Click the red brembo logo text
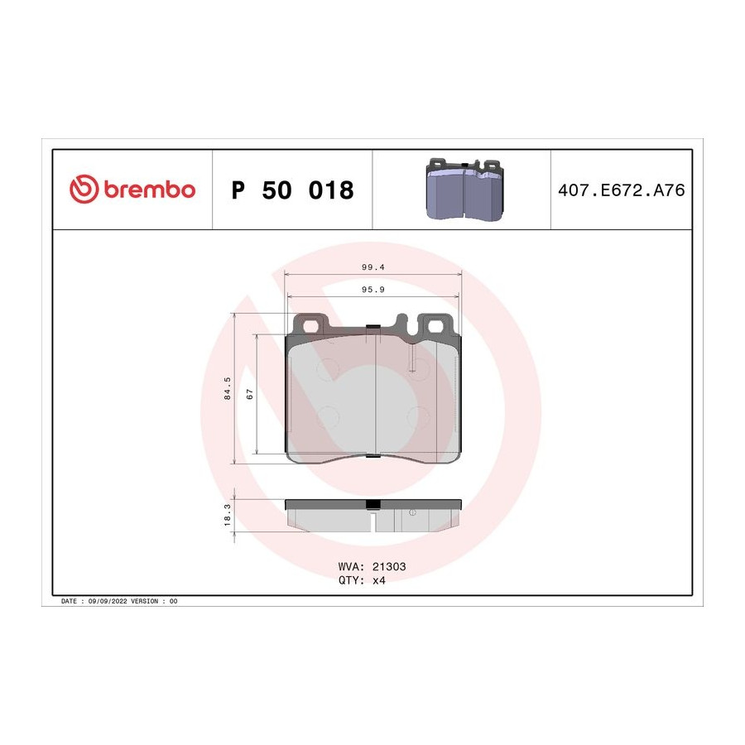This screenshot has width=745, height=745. (150, 190)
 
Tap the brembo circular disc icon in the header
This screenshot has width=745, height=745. (84, 189)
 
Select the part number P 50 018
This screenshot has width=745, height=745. (293, 190)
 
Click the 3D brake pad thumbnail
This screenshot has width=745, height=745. (464, 189)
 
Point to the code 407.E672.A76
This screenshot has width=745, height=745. (622, 190)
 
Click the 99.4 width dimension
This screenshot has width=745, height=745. (373, 267)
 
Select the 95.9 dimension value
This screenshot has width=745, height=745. (373, 290)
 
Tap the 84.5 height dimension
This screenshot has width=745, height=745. (227, 388)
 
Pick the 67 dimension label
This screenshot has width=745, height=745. (250, 394)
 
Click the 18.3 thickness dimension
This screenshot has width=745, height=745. (227, 515)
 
